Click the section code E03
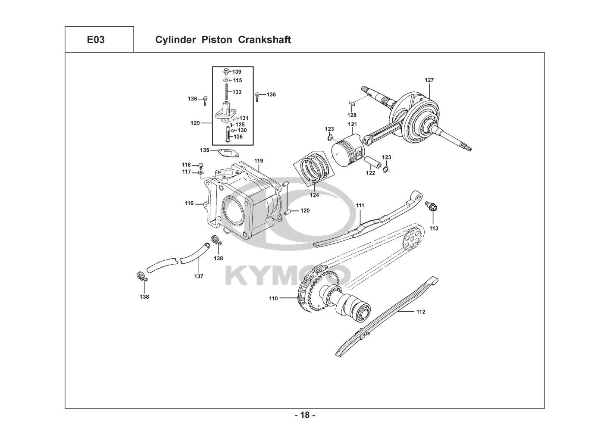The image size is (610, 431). (96, 40)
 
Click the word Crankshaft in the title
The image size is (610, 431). (264, 40)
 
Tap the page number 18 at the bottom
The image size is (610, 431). (305, 415)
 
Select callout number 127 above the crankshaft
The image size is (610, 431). (429, 80)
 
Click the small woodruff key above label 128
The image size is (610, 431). (352, 103)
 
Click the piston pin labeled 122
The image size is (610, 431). (371, 163)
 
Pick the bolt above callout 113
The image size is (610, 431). (432, 206)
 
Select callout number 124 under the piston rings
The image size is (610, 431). (314, 195)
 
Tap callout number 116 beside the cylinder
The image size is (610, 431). (189, 203)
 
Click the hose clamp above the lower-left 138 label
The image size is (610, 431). (142, 276)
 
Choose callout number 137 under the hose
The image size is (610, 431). (199, 276)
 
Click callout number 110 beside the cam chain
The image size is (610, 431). (273, 298)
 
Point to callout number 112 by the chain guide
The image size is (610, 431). (421, 312)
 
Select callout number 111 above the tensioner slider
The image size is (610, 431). (360, 206)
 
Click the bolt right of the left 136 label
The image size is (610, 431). (205, 101)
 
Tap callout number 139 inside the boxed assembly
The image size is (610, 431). (237, 72)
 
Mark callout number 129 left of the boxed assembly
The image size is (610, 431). (195, 123)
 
